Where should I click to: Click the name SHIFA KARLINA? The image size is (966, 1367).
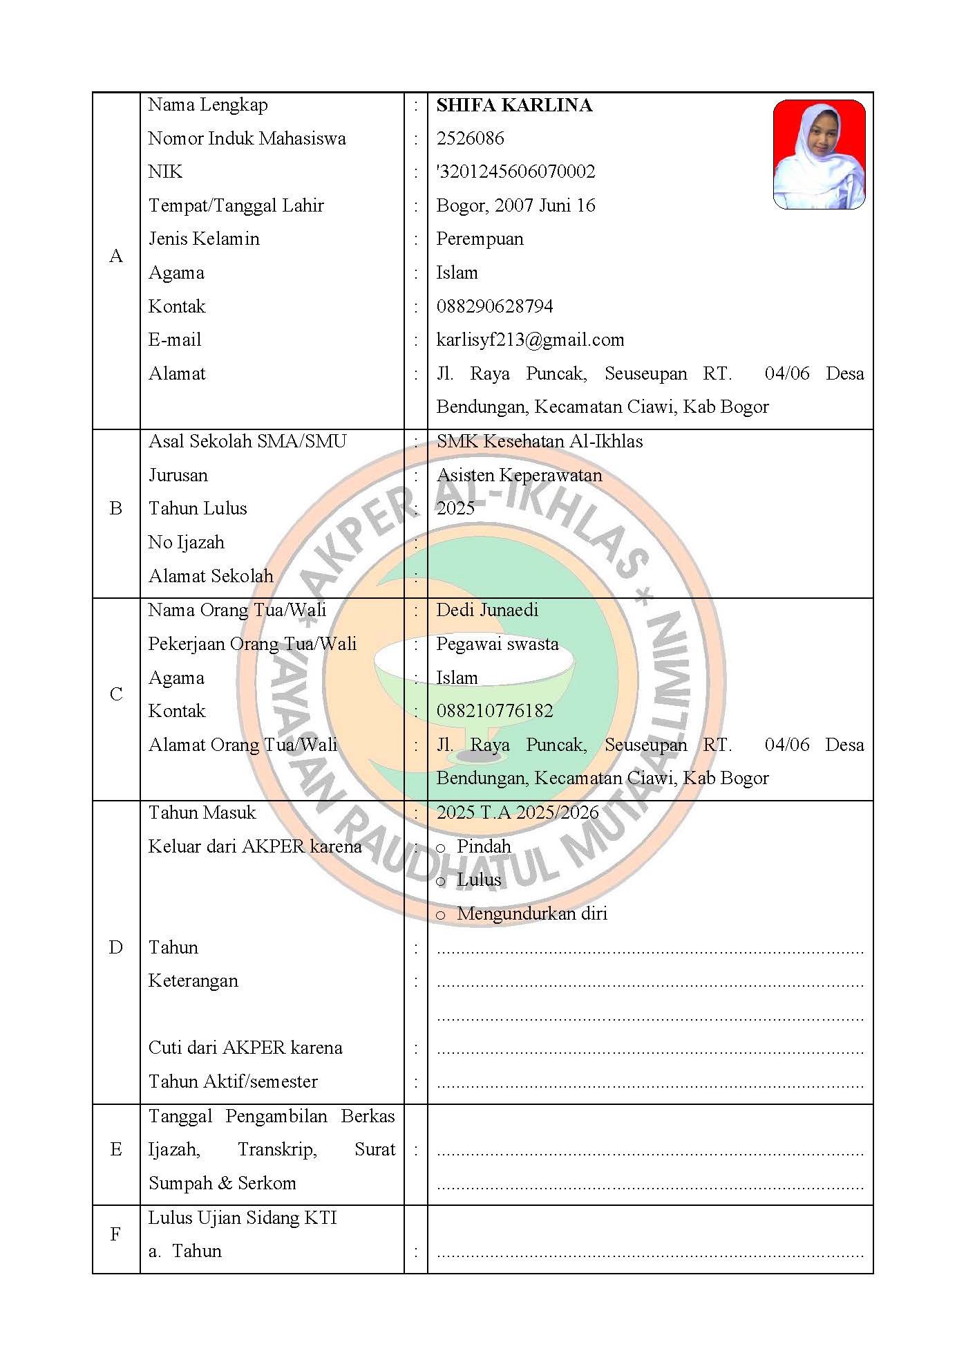coord(514,105)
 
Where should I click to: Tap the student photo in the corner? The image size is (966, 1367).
coord(819,154)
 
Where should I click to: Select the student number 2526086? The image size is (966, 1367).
coord(470,138)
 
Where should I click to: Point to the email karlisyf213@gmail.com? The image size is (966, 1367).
coord(530,340)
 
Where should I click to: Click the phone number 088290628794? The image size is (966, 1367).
coord(495,306)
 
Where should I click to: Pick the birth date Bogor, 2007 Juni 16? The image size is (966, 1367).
coord(515,205)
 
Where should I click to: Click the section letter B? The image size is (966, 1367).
coord(116,509)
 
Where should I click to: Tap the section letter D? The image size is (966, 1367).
coord(116,947)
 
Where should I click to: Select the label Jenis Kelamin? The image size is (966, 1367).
coord(204,239)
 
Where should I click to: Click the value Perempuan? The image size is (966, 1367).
coord(480,239)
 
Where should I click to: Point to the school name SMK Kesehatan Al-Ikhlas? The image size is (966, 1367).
coord(540,441)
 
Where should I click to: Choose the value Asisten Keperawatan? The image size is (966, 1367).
coord(519,475)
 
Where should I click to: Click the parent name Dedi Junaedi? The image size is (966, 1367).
coord(487,610)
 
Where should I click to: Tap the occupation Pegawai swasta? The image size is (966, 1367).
coord(498,644)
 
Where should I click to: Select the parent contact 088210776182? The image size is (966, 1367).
coord(495,711)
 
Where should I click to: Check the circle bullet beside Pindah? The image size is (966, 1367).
coord(441,848)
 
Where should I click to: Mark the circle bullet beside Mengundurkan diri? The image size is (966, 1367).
coord(441,915)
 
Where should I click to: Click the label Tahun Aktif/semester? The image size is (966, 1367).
coord(233,1081)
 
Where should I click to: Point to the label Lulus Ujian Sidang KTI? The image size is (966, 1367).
coord(243,1218)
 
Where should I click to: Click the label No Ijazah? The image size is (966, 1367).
coord(187,542)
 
